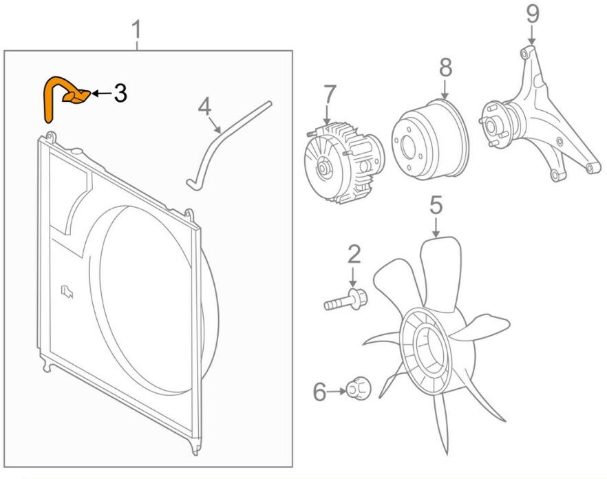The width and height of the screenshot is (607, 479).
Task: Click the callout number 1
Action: (137, 30)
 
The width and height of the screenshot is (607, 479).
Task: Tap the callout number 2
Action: (354, 254)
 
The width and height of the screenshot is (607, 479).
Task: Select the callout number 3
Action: (120, 93)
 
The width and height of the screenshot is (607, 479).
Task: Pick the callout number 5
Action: (436, 205)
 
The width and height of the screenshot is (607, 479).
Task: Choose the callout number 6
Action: (320, 392)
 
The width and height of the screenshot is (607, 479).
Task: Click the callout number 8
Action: (445, 68)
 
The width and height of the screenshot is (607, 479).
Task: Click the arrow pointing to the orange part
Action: (100, 93)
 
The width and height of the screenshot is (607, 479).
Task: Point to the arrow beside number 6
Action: (337, 392)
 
